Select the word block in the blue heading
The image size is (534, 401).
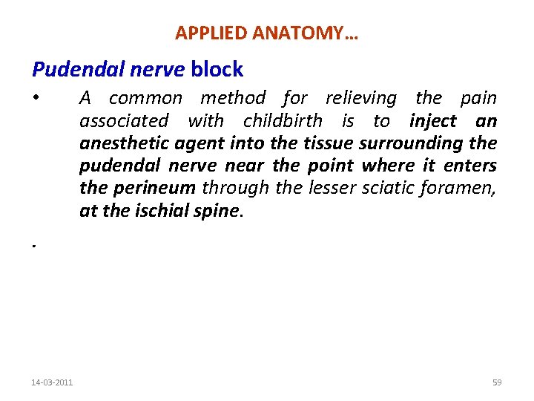(217, 70)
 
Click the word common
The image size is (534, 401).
(145, 98)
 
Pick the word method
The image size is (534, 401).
(233, 98)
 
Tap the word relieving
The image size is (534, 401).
(360, 98)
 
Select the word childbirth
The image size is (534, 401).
(283, 121)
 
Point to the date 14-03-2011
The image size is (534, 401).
(52, 382)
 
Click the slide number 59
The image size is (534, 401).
(497, 382)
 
